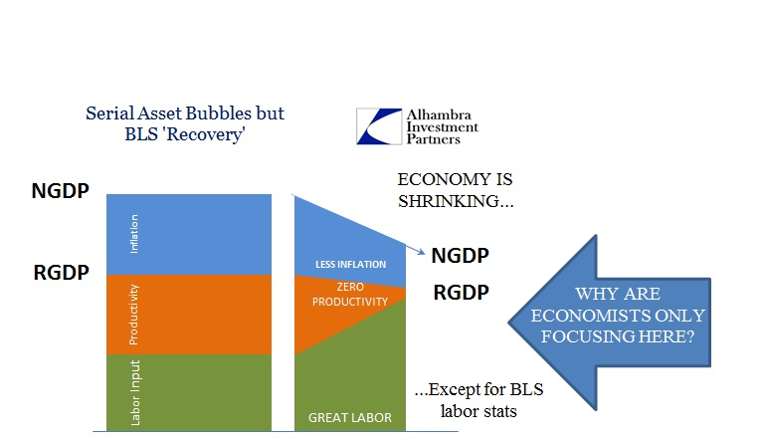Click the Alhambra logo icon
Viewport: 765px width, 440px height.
(379, 126)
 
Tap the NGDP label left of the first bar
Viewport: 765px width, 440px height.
(60, 190)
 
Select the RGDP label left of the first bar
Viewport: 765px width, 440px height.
(61, 272)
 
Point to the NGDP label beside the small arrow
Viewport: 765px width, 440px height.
(460, 256)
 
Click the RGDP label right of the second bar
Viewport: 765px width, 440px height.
(461, 292)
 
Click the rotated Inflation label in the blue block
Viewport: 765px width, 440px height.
(133, 234)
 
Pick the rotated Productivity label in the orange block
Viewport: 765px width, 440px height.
(133, 315)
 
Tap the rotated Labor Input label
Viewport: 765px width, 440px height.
(135, 392)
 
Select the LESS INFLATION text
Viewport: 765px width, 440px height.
(350, 264)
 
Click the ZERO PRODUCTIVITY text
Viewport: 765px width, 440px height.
(350, 294)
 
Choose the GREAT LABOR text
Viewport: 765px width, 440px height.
(350, 417)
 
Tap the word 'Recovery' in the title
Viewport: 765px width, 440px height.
(204, 134)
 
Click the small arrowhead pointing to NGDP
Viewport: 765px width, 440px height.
(422, 252)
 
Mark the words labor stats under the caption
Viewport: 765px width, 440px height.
(478, 411)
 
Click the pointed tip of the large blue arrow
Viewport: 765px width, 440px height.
(508, 323)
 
